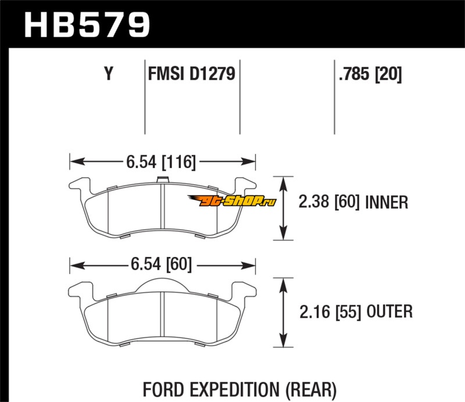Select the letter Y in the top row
pyautogui.click(x=108, y=74)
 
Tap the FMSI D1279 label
pyautogui.click(x=192, y=74)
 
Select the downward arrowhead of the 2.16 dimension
pyautogui.click(x=284, y=343)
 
